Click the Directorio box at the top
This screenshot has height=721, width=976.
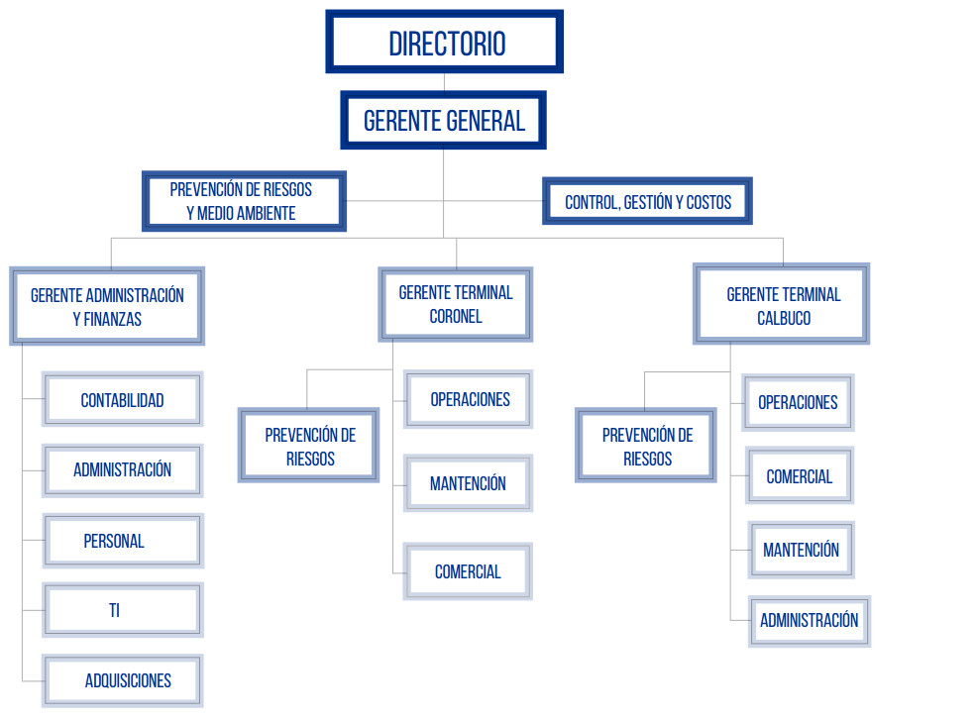point(445,43)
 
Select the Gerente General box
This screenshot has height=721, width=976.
point(443,121)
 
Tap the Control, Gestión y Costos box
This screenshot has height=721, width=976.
point(647,202)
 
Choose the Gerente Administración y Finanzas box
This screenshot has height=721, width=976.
point(107,306)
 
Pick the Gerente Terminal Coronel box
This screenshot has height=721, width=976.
point(456,304)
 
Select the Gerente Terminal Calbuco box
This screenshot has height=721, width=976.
point(783,306)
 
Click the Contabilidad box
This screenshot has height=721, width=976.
point(122,400)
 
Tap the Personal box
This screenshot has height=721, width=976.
point(114,541)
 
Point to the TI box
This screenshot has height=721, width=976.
point(114,610)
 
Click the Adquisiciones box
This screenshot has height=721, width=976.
point(127,680)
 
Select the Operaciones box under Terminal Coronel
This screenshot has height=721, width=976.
point(470,399)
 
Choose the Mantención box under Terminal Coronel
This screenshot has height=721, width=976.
point(468,483)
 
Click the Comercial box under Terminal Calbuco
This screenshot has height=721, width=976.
point(799,476)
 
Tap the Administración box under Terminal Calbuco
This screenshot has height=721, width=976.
point(809,621)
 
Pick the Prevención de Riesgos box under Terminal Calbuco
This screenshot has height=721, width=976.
point(647,447)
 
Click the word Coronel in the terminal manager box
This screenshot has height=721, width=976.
point(456,317)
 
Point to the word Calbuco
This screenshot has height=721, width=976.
point(784,319)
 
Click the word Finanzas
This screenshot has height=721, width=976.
point(113,319)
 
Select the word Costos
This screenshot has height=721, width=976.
point(708,202)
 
